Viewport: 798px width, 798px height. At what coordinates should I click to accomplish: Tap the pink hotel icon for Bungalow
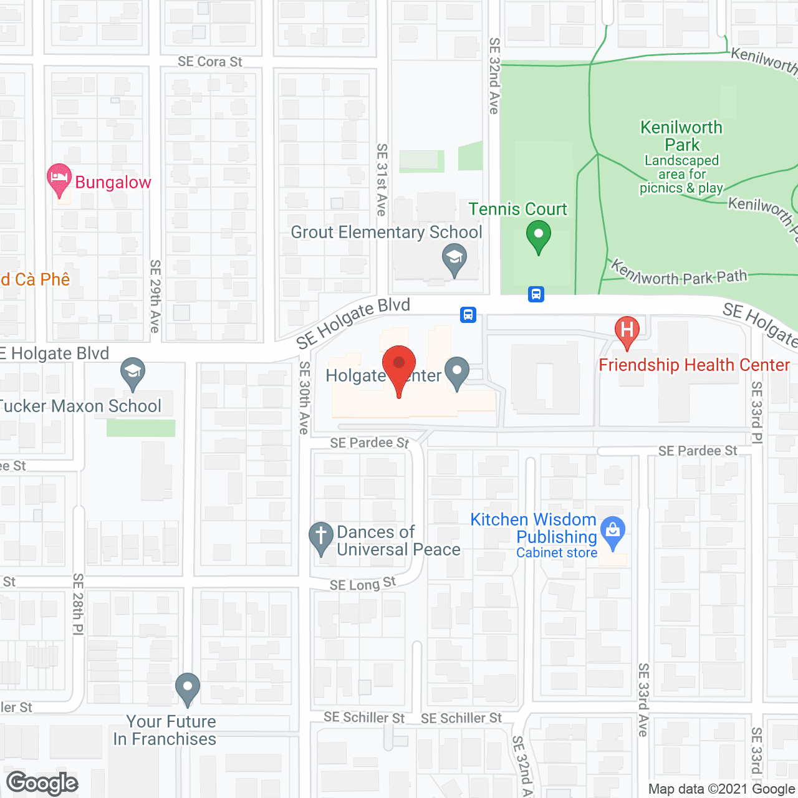pos(59,179)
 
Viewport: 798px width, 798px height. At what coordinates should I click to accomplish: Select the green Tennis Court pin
pos(538,238)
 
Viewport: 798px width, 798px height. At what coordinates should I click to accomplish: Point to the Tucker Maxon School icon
pos(132,372)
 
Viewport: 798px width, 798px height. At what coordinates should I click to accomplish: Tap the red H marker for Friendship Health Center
pos(627,331)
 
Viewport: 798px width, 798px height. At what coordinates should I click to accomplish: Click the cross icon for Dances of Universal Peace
pos(321,537)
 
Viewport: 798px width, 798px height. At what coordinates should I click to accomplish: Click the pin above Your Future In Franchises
pos(187,688)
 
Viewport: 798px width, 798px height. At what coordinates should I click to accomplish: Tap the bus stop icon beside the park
pos(536,294)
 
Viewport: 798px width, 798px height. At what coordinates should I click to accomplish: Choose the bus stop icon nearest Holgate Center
pos(468,315)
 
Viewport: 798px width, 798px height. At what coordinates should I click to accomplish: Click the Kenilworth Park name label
pos(681,136)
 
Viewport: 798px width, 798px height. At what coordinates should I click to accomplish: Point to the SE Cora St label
pos(209,62)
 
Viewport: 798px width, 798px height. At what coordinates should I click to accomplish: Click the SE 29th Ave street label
pos(155,296)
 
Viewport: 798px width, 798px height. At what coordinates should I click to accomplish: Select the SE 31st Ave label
pos(382,180)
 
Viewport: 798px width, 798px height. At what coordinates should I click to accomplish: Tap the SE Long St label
pos(362,584)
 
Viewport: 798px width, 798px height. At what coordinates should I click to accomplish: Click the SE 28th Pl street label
pos(78,604)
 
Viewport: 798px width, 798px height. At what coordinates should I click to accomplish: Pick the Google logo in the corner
pos(42,783)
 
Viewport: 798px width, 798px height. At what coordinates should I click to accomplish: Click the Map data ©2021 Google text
pos(721,789)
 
